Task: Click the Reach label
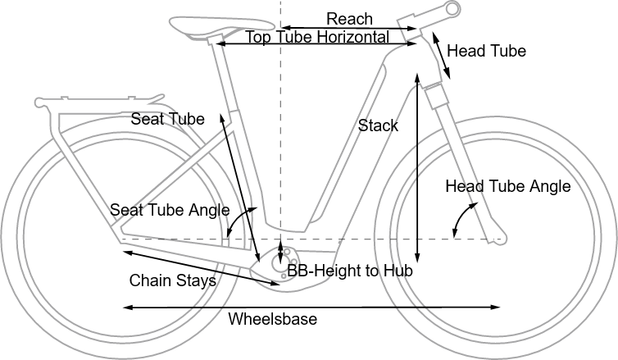pos(349,18)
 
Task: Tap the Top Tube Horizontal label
pos(317,37)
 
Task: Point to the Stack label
pos(378,125)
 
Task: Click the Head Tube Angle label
pos(507,186)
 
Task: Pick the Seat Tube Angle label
pos(170,210)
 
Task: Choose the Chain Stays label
pos(172,280)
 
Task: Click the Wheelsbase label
pos(272,319)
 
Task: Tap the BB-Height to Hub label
pos(349,270)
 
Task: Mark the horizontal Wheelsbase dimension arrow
pos(311,308)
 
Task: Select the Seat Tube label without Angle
pos(167,120)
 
